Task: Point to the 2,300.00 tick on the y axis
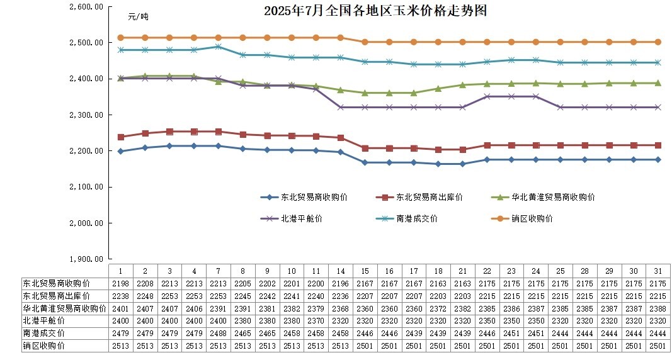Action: point(88,115)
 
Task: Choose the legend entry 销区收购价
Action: point(532,218)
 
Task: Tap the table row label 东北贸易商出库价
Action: point(55,295)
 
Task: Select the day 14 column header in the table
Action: point(340,271)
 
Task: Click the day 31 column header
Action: point(658,271)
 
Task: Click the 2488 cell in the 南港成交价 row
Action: point(218,333)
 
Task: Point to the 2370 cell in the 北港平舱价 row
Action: point(316,320)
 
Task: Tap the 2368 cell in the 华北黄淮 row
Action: point(340,308)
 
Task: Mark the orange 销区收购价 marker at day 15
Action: point(365,42)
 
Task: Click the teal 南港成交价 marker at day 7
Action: point(218,47)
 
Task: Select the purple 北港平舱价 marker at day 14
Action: point(340,107)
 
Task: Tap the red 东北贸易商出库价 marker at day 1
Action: point(120,137)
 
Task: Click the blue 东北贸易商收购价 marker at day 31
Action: point(658,160)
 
